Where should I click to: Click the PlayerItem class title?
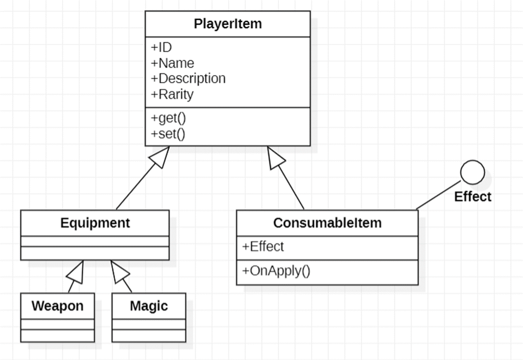coord(228,24)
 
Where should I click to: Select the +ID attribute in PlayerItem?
coord(161,47)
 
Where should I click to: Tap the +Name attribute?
coord(172,63)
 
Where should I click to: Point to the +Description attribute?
coord(188,79)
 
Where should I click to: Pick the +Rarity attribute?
coord(172,94)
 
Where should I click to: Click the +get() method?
coord(168,118)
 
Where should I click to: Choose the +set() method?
coord(168,134)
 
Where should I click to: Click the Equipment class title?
coord(95,223)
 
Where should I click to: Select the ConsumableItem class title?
coord(327,223)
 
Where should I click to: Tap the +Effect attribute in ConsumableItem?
coord(263,246)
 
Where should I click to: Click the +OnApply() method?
coord(276,271)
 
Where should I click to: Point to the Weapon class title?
coord(57,306)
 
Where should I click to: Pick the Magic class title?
coord(149,306)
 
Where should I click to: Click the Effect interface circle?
coord(472,172)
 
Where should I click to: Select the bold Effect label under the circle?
coord(473,197)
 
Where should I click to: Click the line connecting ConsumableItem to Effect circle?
coord(438,195)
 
